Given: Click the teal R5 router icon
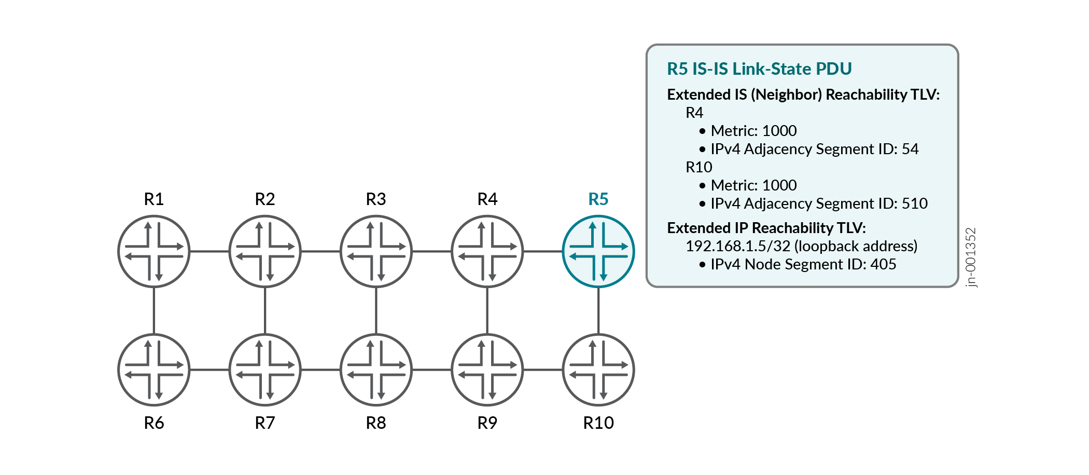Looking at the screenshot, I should tap(598, 251).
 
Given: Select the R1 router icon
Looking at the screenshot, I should tap(154, 251).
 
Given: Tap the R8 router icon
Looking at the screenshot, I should tap(376, 370).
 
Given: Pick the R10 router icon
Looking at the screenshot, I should tap(598, 370).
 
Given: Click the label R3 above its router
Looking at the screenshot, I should tap(376, 199).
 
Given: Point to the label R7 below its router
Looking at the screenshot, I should tap(265, 423).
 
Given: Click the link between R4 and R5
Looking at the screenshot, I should tap(543, 251).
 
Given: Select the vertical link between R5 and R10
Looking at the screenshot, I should tap(598, 310).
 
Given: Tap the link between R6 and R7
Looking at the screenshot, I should tap(210, 370).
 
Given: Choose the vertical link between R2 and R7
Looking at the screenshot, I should tap(265, 310).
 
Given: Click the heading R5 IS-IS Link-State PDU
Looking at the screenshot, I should tap(759, 69).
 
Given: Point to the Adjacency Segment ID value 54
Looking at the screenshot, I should tap(910, 149).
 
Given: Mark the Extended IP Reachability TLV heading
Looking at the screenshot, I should tap(766, 228).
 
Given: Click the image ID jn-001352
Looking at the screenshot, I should tap(971, 257).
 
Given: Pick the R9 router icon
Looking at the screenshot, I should tap(487, 370).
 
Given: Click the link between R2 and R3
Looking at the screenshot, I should tap(320, 251).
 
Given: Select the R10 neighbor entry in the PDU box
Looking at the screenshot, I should tap(699, 167).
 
